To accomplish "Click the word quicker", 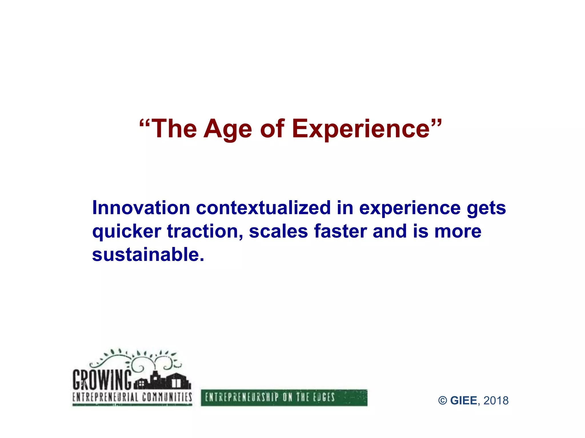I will pyautogui.click(x=127, y=232).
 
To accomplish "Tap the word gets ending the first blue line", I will pyautogui.click(x=486, y=209).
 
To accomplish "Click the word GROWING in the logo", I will pyautogui.click(x=102, y=380).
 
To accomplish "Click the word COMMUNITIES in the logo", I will pyautogui.click(x=167, y=397).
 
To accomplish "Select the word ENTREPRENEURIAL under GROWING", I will pyautogui.click(x=105, y=397).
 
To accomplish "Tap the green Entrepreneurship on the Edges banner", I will pyautogui.click(x=284, y=398).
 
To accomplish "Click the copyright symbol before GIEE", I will pyautogui.click(x=442, y=401).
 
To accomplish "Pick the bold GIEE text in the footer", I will pyautogui.click(x=463, y=401).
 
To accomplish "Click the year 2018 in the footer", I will pyautogui.click(x=496, y=401).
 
